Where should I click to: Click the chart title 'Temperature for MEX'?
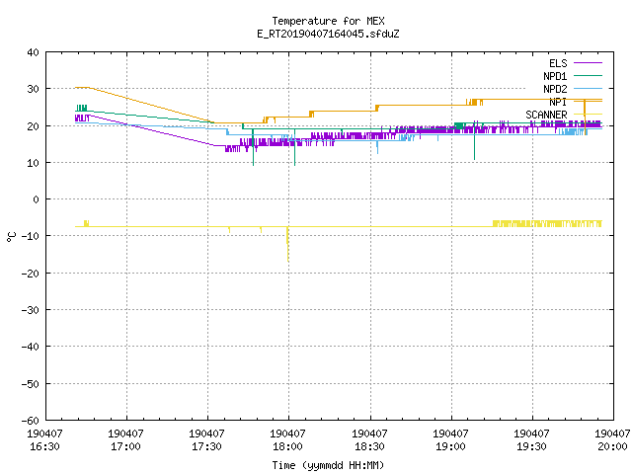coord(328,21)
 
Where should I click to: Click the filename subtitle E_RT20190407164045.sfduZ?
coord(328,34)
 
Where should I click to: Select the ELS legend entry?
coord(575,63)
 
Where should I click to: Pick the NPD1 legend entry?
coord(573,76)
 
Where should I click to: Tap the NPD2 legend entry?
coord(573,89)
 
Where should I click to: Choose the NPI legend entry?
coord(575,102)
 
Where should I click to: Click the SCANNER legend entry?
coord(564,115)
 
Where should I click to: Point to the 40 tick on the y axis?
coord(33,52)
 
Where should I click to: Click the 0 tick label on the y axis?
coord(37,199)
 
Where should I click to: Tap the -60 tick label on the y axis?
coord(31,420)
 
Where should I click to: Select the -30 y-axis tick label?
coord(31,310)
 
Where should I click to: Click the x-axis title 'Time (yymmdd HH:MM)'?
coord(328,465)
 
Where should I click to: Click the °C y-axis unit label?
coord(11,237)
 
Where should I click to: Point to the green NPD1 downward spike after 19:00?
coord(474,144)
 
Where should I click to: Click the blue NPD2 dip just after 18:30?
coord(377,147)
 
